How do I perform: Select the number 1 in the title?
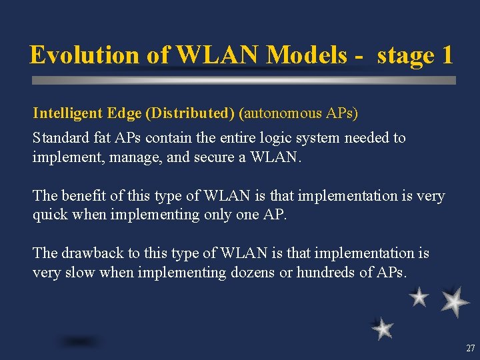point(446,55)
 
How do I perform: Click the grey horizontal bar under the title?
point(244,80)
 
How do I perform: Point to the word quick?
point(51,215)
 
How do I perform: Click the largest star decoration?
point(455,301)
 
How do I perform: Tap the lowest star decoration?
point(382,328)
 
